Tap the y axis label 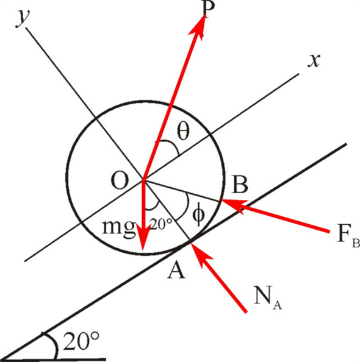[x=23, y=19]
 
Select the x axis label [x=314, y=60]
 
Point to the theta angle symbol [x=183, y=130]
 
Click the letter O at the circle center [x=120, y=181]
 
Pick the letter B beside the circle [x=240, y=185]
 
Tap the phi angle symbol [x=198, y=215]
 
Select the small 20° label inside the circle [x=161, y=224]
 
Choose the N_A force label [x=267, y=297]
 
